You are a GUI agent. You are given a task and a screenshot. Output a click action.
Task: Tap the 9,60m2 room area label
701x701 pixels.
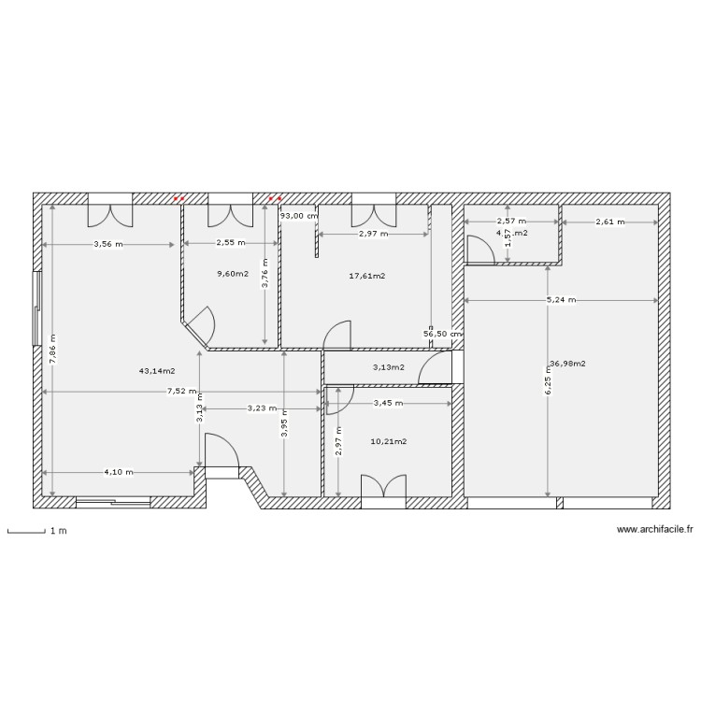(233, 274)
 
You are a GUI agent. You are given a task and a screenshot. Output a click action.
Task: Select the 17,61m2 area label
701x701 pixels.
(367, 276)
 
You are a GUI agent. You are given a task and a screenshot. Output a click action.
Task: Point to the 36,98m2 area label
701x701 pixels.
(568, 364)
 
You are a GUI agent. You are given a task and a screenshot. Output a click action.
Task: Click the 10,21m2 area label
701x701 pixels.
(388, 441)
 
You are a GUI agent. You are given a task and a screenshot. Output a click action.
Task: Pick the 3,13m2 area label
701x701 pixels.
(388, 367)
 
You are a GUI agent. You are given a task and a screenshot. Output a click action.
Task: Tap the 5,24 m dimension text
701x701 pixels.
(561, 300)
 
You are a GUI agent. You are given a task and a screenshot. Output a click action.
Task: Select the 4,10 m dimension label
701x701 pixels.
(119, 472)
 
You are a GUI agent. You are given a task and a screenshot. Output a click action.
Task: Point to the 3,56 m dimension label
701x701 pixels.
(107, 245)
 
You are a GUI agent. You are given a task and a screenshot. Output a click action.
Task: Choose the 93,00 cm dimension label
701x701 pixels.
(299, 216)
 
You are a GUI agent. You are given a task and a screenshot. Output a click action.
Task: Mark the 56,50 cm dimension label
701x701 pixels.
(443, 334)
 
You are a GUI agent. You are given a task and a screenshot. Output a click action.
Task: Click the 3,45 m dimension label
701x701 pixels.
(388, 404)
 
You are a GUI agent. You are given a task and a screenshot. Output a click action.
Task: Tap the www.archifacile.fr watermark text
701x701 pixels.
(655, 530)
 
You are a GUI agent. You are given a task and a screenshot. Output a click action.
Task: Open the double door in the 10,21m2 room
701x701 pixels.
(384, 489)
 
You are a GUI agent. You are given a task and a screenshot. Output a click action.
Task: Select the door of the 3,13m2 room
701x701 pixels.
(435, 369)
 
